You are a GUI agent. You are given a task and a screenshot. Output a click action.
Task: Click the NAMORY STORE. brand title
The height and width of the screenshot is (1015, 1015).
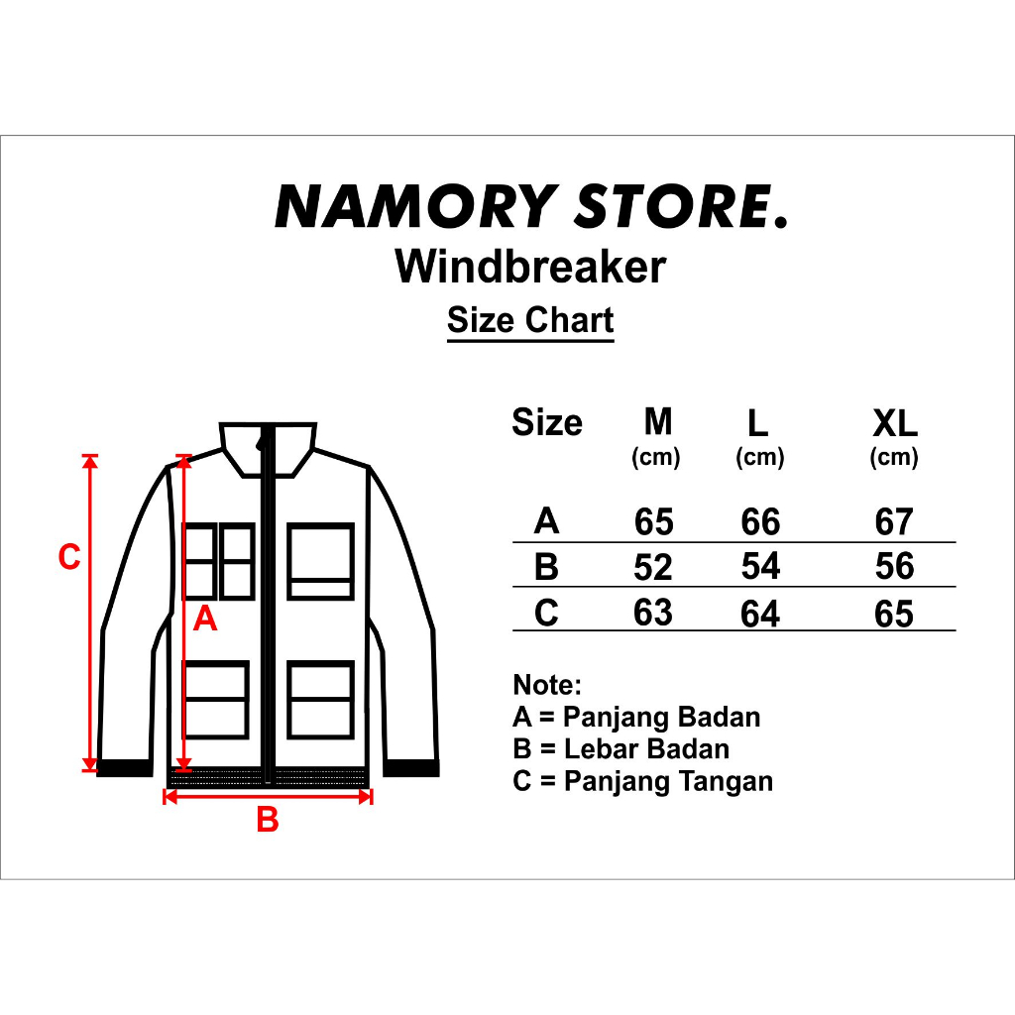pos(531,207)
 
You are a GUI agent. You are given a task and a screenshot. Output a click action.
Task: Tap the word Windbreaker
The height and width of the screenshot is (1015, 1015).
pos(530,267)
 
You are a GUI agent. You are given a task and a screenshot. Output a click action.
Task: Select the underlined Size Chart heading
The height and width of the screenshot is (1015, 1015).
pos(530,320)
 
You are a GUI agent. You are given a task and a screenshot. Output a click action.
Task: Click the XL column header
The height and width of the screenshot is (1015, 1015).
pos(894,424)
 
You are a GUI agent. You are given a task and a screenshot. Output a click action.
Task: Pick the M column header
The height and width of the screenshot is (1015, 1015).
pos(657,422)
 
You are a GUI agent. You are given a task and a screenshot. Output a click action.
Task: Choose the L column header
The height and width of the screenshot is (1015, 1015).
pos(758,424)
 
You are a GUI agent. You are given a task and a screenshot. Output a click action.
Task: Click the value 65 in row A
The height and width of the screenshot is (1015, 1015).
pos(653,521)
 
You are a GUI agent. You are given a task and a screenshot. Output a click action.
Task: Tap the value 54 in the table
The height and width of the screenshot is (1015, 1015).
pos(760,567)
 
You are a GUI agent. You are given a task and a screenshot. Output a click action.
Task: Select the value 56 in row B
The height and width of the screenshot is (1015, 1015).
pos(894,567)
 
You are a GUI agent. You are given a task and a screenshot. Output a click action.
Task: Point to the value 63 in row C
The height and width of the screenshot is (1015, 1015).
pos(653,613)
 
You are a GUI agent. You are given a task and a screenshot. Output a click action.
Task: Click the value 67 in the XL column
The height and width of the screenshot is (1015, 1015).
pos(894,521)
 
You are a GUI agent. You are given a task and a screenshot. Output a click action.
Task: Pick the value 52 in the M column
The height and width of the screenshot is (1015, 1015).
pos(653,567)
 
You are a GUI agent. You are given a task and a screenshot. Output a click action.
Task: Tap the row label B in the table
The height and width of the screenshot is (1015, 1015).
pos(546,567)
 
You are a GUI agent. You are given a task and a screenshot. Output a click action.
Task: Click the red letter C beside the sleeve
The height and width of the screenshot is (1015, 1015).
pos(69,558)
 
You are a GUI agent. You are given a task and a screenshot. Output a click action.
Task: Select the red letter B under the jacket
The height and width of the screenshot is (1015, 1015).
pos(268,821)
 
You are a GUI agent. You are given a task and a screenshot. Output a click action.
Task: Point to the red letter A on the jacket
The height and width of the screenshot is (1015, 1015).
pos(204,620)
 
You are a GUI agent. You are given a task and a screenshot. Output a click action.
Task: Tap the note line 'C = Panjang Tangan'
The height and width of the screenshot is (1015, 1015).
pos(642,781)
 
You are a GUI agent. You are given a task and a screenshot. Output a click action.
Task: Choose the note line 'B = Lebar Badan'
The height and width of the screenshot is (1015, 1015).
pos(620,749)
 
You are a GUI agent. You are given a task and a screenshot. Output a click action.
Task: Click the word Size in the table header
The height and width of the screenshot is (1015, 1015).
pos(547,423)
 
